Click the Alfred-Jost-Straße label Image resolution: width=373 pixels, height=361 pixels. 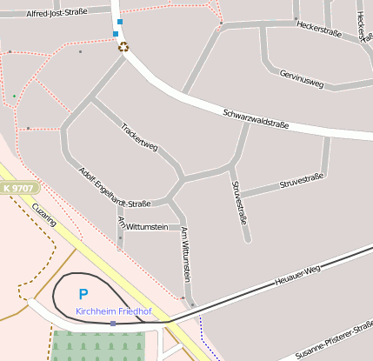(x=57, y=14)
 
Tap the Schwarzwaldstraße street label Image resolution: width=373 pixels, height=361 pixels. (x=256, y=119)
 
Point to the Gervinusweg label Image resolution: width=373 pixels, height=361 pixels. (x=302, y=80)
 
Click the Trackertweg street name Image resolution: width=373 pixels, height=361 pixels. (x=139, y=137)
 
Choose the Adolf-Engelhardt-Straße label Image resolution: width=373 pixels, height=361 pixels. (x=114, y=187)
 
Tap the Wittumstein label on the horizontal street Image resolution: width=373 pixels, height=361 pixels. (x=146, y=226)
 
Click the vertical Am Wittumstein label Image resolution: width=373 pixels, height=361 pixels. (x=185, y=253)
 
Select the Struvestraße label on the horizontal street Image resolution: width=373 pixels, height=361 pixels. (x=301, y=182)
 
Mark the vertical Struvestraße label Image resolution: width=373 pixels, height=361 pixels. (x=240, y=202)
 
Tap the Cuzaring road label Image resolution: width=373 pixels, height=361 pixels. (x=43, y=214)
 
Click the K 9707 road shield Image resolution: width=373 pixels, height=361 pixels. (x=18, y=188)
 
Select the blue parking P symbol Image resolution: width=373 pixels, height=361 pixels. (x=83, y=295)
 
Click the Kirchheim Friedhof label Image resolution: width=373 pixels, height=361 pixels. (x=114, y=311)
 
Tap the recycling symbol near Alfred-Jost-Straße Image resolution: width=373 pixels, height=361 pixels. (x=123, y=47)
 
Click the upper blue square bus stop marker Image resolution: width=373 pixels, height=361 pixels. (x=120, y=22)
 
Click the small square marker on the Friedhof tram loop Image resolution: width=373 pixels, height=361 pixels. (x=113, y=324)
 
